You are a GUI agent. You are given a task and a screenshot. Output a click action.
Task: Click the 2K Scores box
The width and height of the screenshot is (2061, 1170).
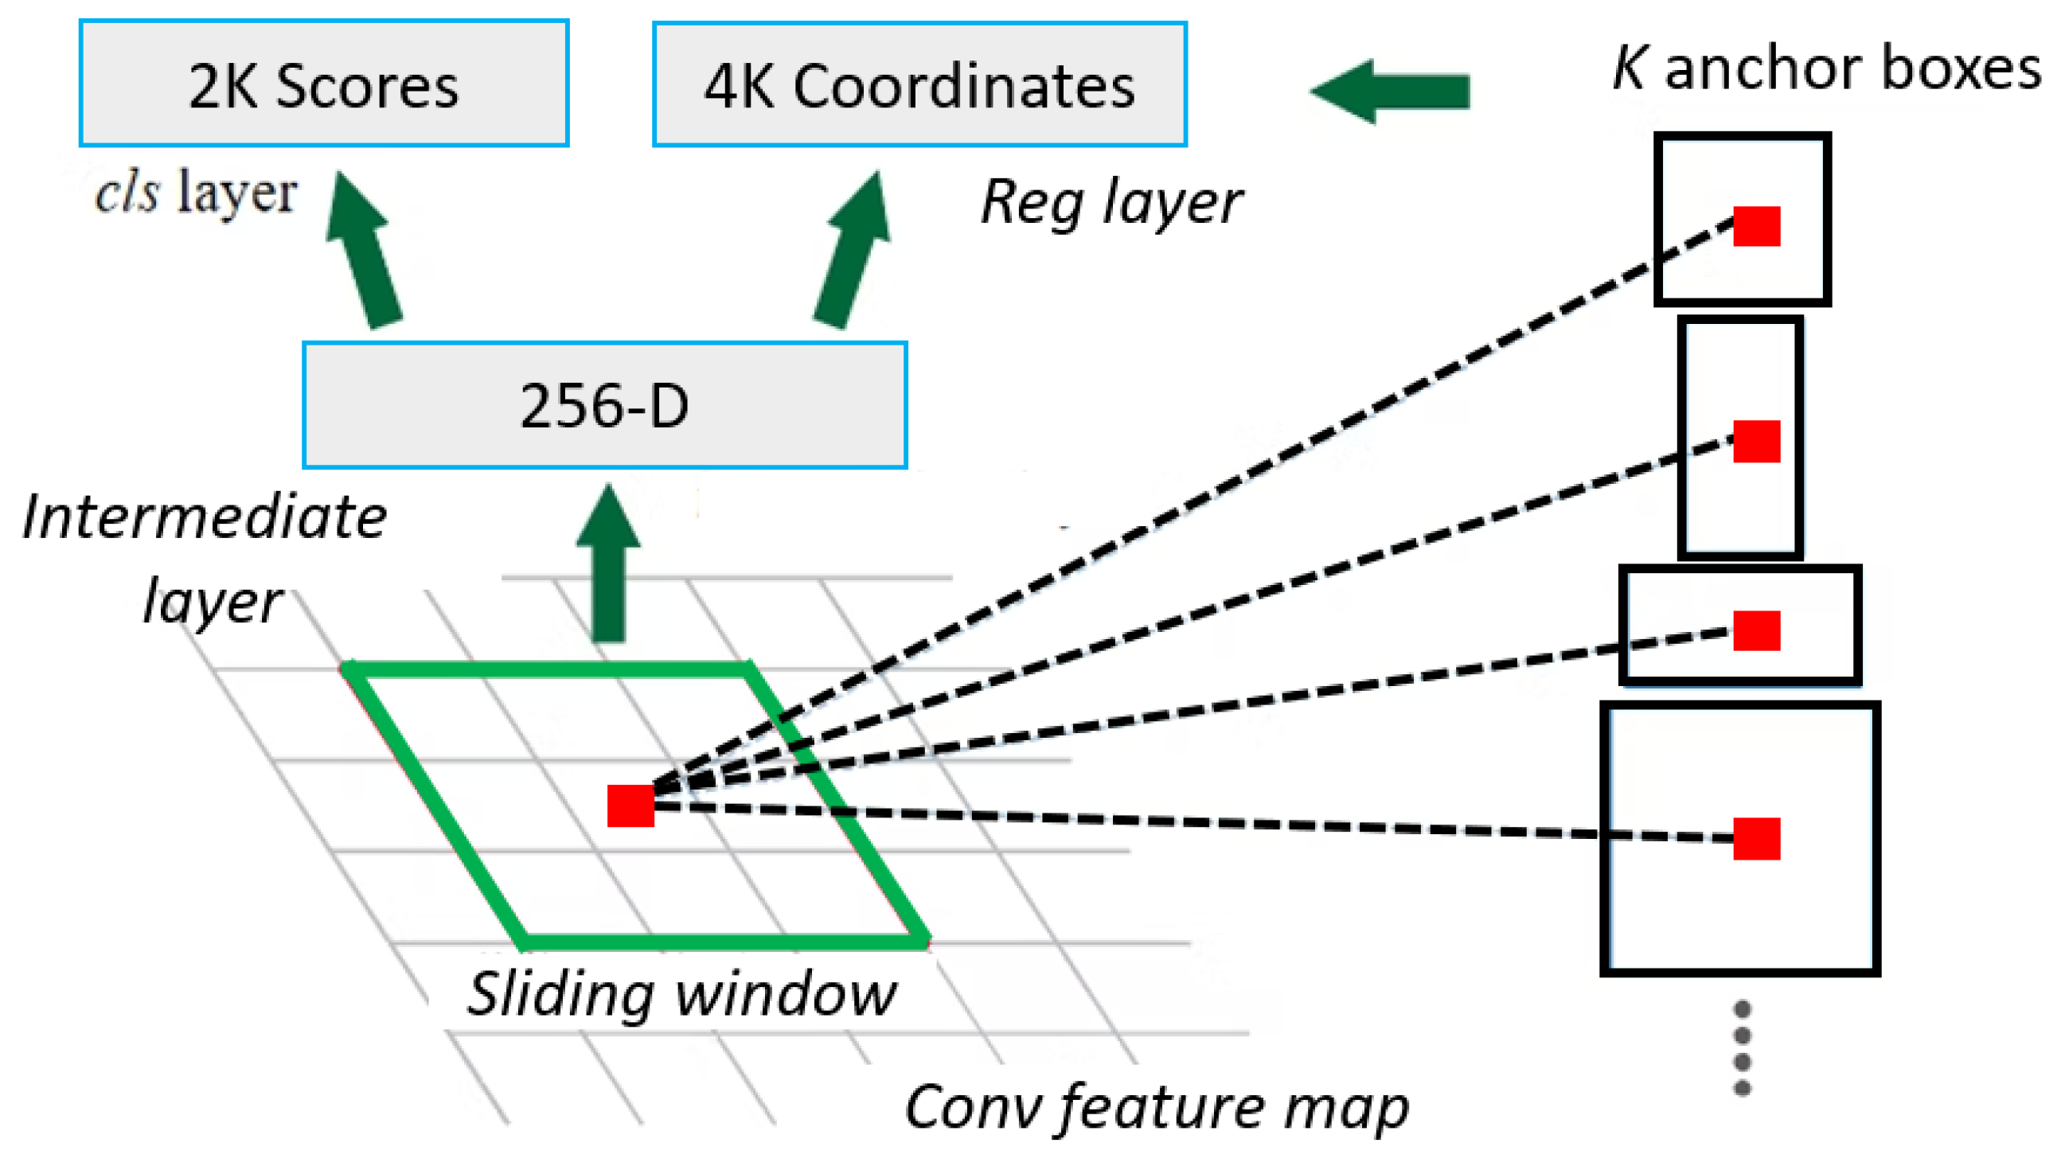[323, 84]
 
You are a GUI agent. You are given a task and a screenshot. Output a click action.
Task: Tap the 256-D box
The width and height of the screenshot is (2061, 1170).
[604, 405]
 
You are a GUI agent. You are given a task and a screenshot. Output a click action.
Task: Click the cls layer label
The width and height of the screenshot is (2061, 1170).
[196, 193]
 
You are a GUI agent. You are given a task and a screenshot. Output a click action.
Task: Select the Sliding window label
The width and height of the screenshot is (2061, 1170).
[681, 994]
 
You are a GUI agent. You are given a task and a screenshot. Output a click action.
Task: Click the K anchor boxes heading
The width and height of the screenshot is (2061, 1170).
[1825, 68]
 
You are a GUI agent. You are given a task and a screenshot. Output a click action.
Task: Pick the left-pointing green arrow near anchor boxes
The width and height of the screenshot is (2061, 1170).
[1390, 91]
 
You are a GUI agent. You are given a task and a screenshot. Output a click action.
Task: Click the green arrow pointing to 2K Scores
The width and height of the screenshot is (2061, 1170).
[363, 251]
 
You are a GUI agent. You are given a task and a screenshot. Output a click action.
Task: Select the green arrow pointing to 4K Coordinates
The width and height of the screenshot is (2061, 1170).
[853, 251]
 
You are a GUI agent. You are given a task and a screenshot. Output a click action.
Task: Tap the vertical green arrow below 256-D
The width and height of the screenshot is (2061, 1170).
[608, 564]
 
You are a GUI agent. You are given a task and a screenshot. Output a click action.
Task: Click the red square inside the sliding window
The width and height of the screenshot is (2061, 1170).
[630, 805]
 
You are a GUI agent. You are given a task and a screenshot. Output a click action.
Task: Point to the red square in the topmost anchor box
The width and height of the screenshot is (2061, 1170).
[1756, 226]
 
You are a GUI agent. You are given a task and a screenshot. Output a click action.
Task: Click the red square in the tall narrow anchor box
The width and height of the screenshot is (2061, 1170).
[1756, 441]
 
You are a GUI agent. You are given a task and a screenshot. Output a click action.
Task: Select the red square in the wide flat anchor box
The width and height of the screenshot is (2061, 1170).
[1756, 630]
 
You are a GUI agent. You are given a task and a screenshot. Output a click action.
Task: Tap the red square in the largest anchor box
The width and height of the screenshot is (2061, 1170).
[1756, 839]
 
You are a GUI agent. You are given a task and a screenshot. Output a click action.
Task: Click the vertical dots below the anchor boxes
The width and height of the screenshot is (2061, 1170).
[1742, 1048]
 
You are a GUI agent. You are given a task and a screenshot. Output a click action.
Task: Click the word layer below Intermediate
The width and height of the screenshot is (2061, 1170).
[212, 601]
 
